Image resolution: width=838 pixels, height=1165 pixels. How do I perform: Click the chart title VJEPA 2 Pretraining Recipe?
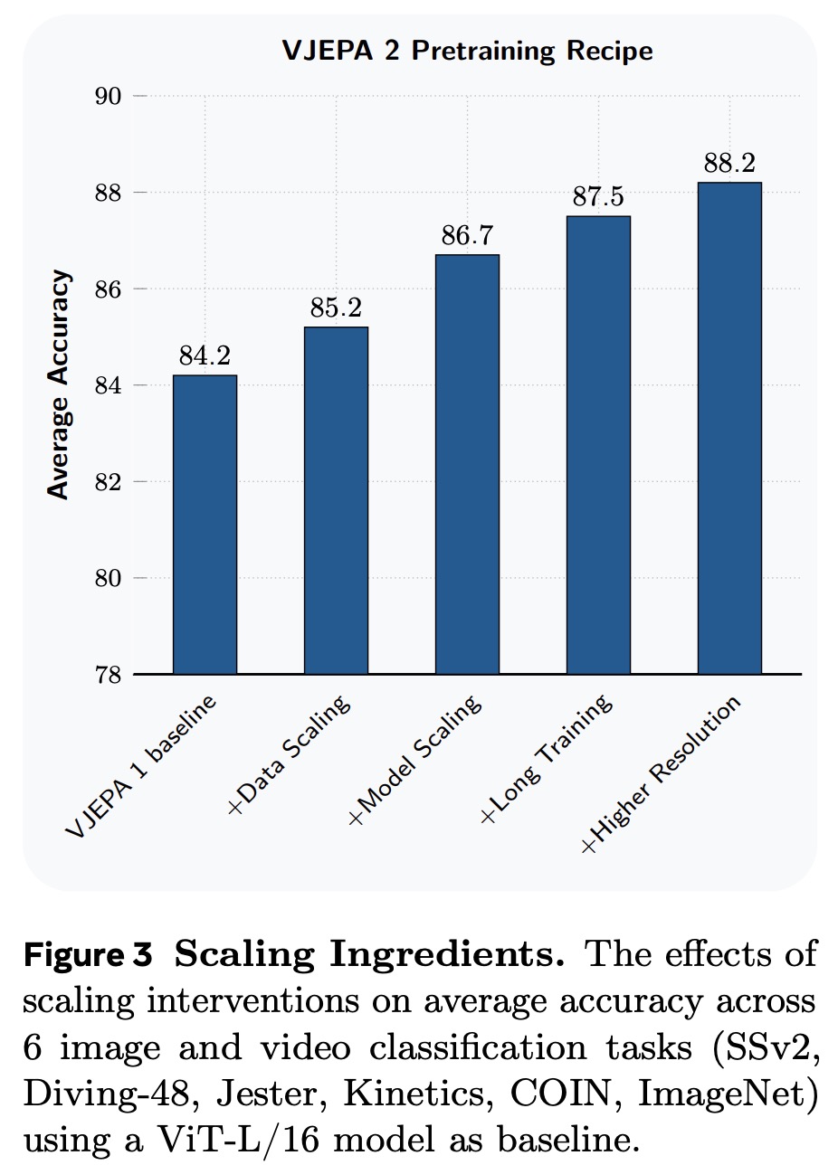click(x=467, y=51)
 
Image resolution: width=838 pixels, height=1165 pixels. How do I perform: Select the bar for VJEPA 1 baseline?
click(x=205, y=525)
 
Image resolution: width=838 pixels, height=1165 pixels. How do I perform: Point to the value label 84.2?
click(x=205, y=357)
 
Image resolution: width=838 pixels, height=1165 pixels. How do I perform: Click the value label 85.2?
click(x=336, y=309)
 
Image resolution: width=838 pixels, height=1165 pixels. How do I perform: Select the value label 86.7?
click(x=467, y=237)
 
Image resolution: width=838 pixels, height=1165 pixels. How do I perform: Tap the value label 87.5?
click(x=598, y=198)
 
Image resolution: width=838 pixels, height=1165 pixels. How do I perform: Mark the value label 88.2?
click(x=729, y=164)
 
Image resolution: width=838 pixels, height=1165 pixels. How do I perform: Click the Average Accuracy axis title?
click(x=59, y=385)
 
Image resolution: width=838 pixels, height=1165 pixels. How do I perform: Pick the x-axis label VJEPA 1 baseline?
click(x=141, y=767)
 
